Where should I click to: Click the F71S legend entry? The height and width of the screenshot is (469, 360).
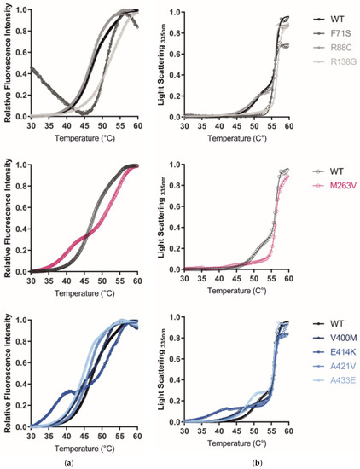tap(332, 34)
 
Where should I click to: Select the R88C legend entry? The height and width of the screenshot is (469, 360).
tap(332, 49)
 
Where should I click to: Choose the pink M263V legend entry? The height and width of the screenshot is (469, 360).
tap(334, 183)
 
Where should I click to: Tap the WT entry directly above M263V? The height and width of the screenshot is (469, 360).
tap(329, 169)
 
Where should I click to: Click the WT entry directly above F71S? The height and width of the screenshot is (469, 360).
tap(329, 19)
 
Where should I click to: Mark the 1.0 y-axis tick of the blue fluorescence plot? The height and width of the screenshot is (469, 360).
tap(20, 320)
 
